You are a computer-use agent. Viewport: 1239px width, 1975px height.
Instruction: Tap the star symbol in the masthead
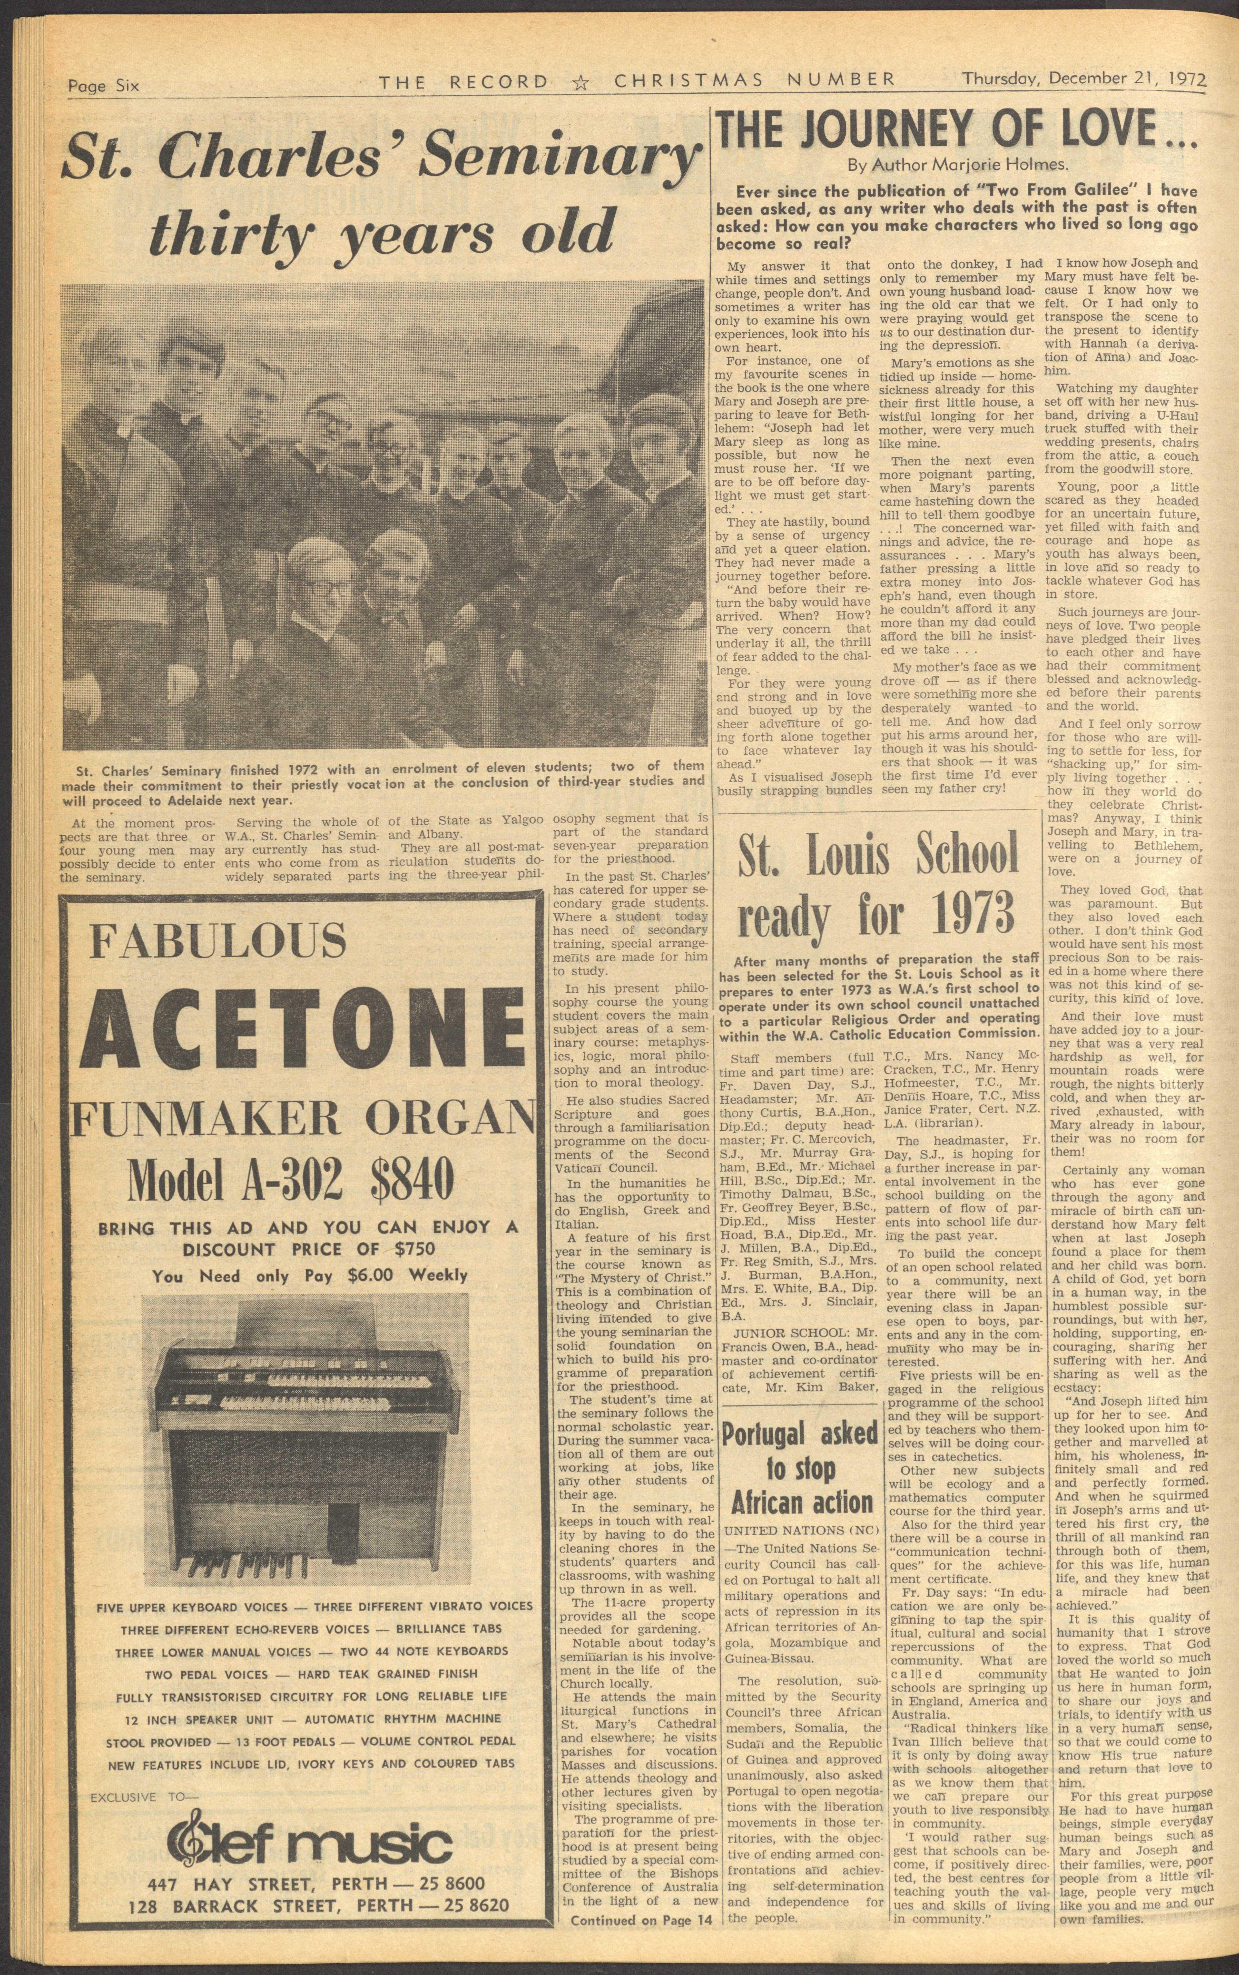(x=581, y=81)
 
